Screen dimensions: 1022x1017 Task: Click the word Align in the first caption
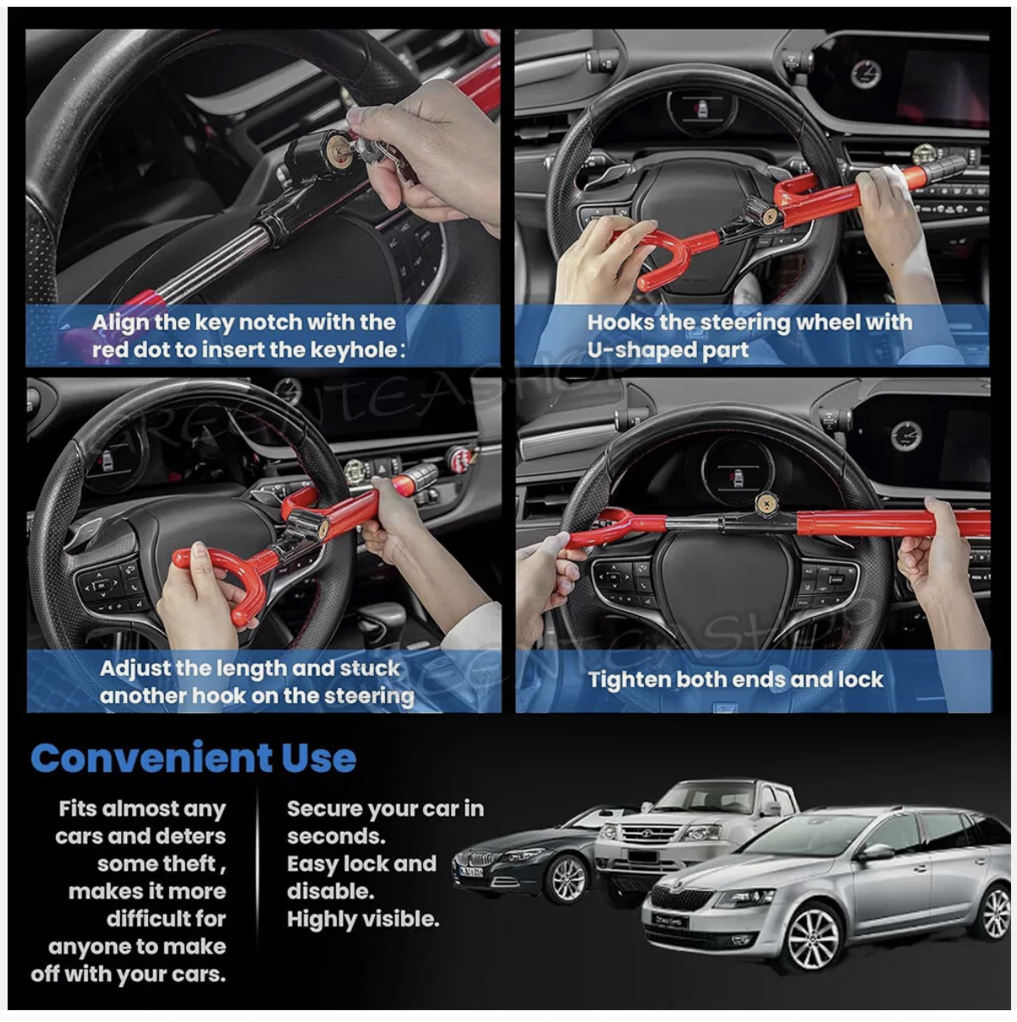(120, 322)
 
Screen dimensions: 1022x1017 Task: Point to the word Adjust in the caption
(129, 668)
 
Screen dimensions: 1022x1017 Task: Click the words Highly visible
(362, 919)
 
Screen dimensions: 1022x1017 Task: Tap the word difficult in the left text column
(167, 918)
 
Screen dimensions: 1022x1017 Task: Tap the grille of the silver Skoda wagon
(680, 898)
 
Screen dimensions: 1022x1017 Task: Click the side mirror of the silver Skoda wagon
(876, 852)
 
